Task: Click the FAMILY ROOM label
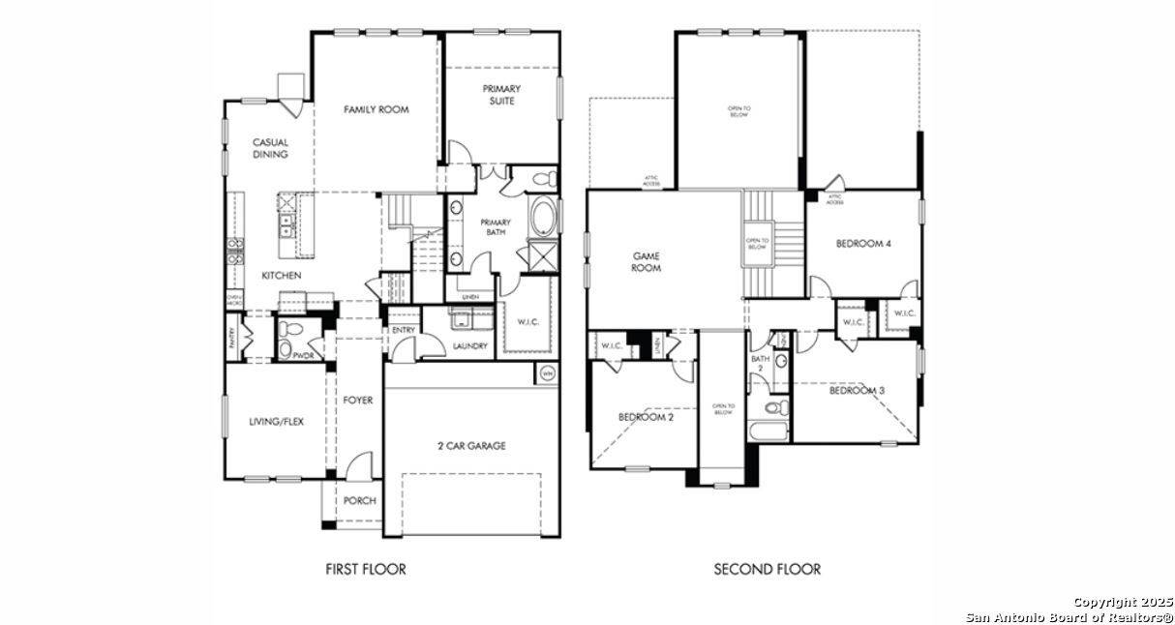click(x=376, y=109)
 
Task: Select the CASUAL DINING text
click(x=270, y=148)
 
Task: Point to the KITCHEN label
click(x=281, y=276)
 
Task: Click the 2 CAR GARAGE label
click(x=470, y=446)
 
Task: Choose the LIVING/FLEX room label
click(x=276, y=421)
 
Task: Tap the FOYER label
click(x=357, y=400)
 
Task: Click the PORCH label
click(x=359, y=500)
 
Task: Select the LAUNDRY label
click(x=469, y=345)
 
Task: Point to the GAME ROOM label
click(x=646, y=262)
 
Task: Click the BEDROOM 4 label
click(x=863, y=244)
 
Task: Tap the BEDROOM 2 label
click(x=646, y=417)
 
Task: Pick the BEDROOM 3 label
click(x=857, y=391)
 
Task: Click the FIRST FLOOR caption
click(x=366, y=569)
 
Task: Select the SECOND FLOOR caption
click(x=767, y=569)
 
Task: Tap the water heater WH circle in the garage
click(x=547, y=373)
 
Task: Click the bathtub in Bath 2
click(x=768, y=432)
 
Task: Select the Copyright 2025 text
click(x=1122, y=602)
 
